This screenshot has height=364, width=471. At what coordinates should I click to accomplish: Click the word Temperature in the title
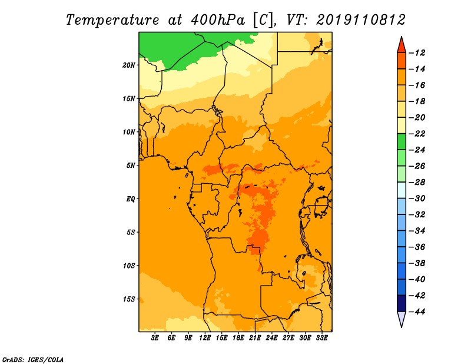point(112,21)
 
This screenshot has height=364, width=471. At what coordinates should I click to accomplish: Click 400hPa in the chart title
point(218,20)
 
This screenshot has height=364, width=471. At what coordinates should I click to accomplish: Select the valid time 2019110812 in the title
point(361,20)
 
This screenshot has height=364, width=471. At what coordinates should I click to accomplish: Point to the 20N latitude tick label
point(129,65)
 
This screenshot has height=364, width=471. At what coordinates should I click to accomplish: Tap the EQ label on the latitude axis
point(131,199)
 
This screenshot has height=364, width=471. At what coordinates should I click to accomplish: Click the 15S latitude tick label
point(129,299)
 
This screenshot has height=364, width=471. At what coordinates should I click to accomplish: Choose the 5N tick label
point(131,166)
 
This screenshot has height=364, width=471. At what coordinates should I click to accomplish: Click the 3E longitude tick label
point(155,338)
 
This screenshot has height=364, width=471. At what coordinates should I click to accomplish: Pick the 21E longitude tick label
point(255,338)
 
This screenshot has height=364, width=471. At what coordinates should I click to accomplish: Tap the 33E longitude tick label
point(321,338)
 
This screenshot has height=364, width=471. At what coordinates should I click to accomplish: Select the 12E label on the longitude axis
point(205,338)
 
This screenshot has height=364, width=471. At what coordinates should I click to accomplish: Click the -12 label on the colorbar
point(417,53)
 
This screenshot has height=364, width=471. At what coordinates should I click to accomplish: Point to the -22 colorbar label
point(417,134)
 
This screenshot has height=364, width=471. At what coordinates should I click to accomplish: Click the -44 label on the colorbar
point(417,312)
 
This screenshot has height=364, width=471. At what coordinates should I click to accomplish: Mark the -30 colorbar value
point(417,198)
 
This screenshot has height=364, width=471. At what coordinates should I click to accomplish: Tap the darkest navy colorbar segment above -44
point(402,303)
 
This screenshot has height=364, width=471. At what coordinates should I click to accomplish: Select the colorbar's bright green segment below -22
point(402,141)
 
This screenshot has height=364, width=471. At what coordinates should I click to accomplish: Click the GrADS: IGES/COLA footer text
point(33,359)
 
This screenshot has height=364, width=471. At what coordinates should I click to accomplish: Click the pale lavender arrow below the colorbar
point(402,318)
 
